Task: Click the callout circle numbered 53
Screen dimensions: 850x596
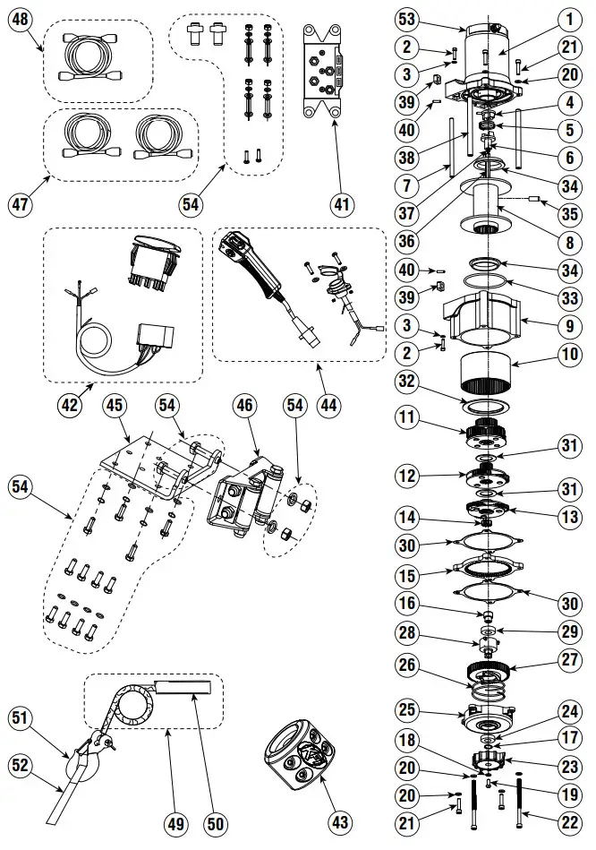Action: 406,17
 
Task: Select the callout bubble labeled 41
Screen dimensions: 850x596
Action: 340,204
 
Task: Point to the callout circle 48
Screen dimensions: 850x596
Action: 18,18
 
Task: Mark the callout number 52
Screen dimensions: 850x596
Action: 18,765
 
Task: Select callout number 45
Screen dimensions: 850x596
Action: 114,405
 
